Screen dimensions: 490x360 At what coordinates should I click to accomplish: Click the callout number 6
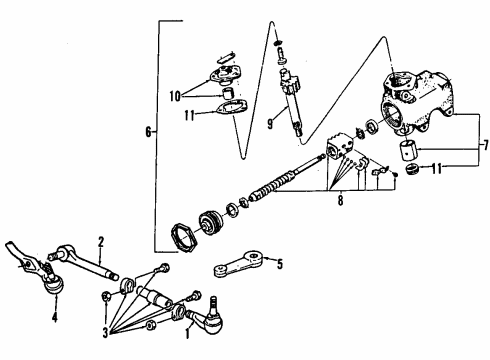(x=148, y=132)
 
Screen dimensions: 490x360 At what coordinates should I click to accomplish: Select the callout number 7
(x=486, y=145)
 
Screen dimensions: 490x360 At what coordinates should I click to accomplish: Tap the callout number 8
(x=340, y=201)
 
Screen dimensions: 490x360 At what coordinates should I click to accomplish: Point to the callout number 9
(x=270, y=124)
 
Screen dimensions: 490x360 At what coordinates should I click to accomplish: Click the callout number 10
(x=175, y=96)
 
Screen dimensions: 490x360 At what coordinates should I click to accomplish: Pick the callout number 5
(x=280, y=264)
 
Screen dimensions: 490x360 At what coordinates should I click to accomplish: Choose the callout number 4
(x=54, y=317)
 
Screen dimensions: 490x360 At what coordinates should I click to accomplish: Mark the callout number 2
(x=101, y=242)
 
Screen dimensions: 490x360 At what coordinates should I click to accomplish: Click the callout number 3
(x=105, y=333)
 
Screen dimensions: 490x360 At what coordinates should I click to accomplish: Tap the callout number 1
(x=187, y=333)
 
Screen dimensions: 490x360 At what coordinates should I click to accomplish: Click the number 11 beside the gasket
(x=189, y=115)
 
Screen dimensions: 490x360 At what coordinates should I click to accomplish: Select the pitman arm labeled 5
(x=239, y=264)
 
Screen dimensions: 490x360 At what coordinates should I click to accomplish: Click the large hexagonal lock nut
(x=184, y=238)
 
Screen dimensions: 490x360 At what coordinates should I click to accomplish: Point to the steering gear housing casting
(x=418, y=102)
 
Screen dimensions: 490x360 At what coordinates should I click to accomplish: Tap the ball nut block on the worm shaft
(x=339, y=146)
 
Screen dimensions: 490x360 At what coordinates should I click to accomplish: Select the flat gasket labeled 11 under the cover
(x=232, y=108)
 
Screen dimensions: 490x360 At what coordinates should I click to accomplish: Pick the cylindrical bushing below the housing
(x=409, y=150)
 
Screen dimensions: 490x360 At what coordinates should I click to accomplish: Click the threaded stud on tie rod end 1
(x=214, y=304)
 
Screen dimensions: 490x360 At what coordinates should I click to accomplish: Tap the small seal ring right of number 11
(x=413, y=169)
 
